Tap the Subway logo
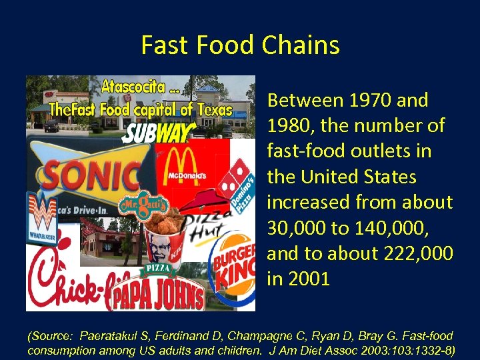tap(159, 131)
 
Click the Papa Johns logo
tap(156, 295)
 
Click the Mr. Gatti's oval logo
tap(138, 205)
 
